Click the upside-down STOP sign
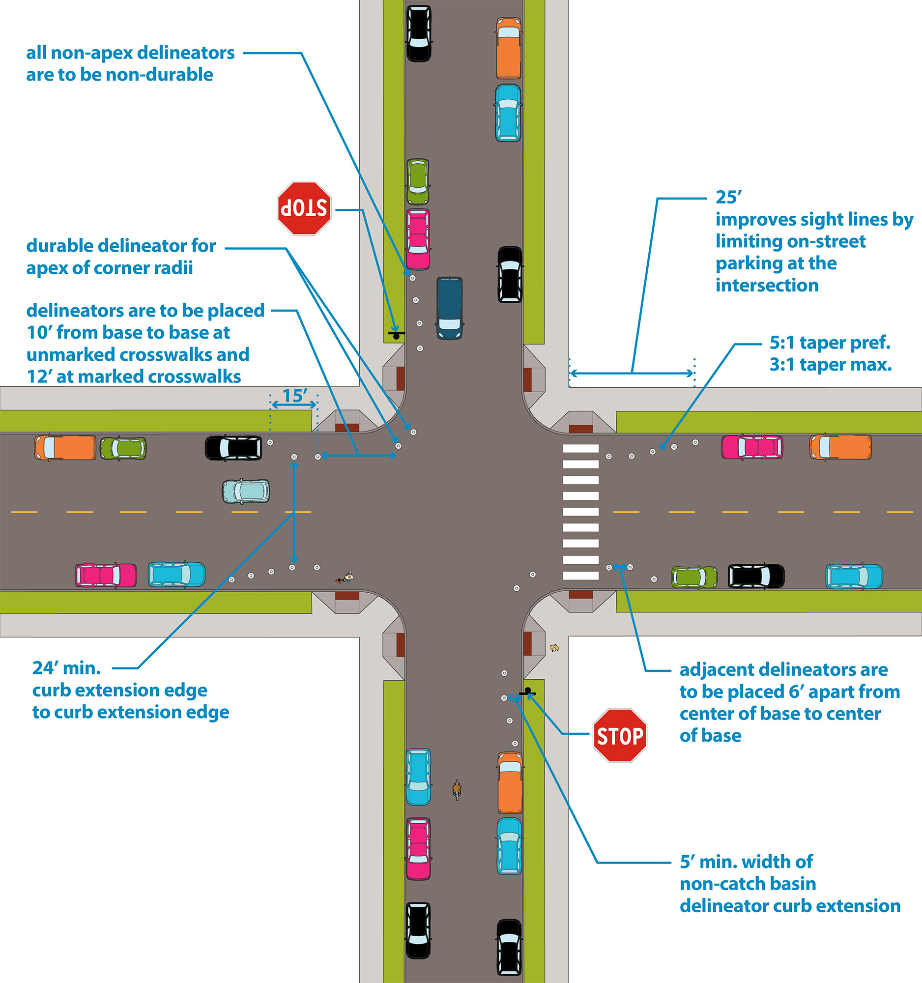point(304,208)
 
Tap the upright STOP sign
point(620,735)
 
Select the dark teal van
point(449,308)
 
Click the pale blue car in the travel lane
point(246,491)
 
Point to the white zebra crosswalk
point(580,512)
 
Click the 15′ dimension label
point(295,396)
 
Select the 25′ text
point(729,197)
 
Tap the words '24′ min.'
point(67,668)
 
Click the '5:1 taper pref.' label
point(830,342)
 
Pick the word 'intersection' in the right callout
point(767,285)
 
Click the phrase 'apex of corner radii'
point(109,268)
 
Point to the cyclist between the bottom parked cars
point(457,790)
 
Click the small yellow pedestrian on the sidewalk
point(554,648)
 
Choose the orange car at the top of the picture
point(508,48)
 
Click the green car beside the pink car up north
point(418,181)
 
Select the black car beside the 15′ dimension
point(233,447)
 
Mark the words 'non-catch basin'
point(748,884)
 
